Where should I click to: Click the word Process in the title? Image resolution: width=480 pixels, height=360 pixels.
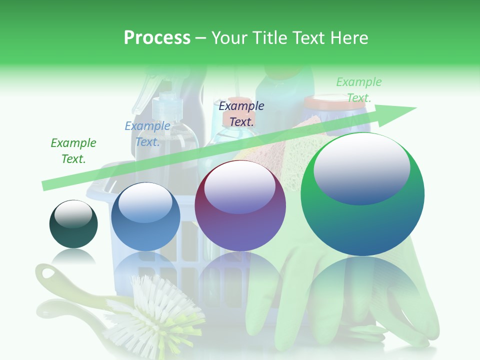point(157,37)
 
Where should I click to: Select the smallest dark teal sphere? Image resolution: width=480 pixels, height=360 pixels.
point(73,224)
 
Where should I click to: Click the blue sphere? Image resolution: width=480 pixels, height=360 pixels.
point(145,217)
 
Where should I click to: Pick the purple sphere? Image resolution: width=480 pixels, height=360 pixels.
point(240,205)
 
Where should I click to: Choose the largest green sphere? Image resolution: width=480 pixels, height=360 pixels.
point(362,194)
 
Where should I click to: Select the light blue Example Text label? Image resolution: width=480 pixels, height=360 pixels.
point(147,134)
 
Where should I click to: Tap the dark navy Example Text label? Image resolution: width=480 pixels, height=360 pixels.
point(241,113)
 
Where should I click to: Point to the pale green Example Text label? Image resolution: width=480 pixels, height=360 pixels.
point(358,89)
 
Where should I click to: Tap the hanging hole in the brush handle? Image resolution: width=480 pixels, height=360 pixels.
point(48,273)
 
